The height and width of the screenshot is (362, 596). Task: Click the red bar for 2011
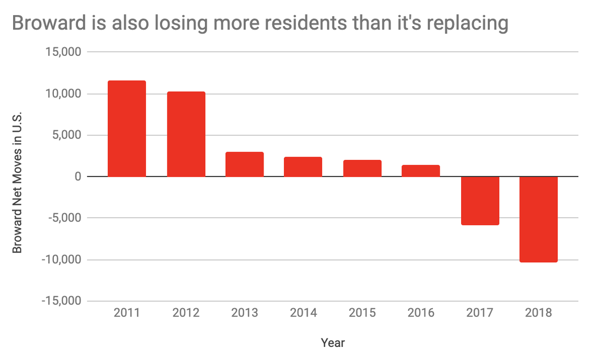pos(127,129)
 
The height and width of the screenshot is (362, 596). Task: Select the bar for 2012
pos(186,134)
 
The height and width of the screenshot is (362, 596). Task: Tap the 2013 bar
pos(245,164)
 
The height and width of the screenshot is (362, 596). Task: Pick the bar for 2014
pos(303,167)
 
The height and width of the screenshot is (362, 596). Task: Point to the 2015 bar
pos(362,168)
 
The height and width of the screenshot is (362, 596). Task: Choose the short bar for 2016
pos(421,171)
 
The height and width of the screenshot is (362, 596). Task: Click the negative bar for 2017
pos(480,201)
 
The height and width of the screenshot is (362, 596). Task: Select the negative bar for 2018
pos(538,219)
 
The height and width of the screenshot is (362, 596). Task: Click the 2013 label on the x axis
pos(245,313)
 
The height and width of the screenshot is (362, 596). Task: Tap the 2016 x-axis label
pos(421,313)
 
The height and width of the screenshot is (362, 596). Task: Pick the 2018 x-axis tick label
pos(538,313)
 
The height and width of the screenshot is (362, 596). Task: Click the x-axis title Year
pos(333,343)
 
